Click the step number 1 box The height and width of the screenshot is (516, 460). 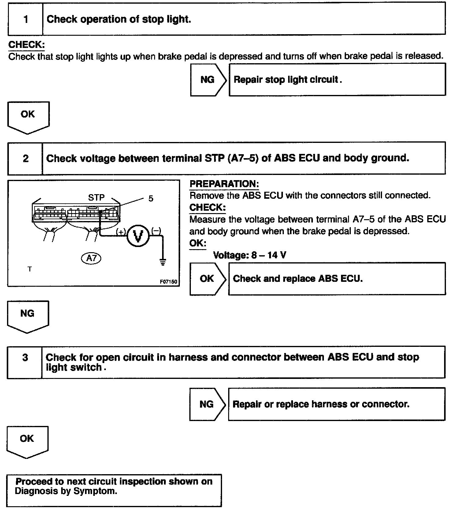click(x=26, y=19)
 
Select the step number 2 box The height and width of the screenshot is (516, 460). click(x=25, y=158)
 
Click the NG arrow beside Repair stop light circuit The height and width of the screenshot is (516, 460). click(x=208, y=80)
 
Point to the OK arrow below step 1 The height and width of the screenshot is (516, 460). click(x=28, y=116)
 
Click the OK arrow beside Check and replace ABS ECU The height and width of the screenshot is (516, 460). click(x=207, y=278)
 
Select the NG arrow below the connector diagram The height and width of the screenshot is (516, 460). click(x=28, y=315)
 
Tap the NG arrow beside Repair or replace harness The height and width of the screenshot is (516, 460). click(x=207, y=404)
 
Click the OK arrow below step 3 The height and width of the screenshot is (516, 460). click(x=27, y=440)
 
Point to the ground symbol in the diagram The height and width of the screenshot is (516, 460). click(x=163, y=262)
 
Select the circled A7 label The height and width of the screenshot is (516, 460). click(x=91, y=258)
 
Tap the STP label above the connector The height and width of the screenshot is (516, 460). click(x=96, y=198)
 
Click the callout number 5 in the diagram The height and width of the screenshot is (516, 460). click(x=151, y=199)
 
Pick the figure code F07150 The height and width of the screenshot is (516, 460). click(x=169, y=282)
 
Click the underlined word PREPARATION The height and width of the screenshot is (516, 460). click(x=224, y=184)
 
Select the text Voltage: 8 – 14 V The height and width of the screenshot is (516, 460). click(x=249, y=255)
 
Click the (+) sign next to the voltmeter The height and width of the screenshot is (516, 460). click(x=121, y=232)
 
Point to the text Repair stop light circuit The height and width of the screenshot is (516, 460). click(x=287, y=80)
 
